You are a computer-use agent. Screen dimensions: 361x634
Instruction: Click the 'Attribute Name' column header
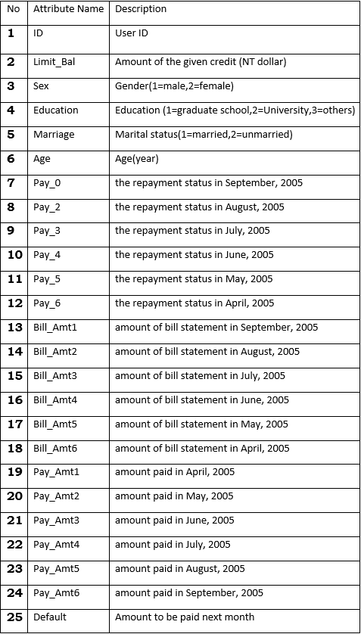(68, 9)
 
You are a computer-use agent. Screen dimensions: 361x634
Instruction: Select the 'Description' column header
(141, 9)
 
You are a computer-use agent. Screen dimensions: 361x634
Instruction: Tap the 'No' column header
(13, 9)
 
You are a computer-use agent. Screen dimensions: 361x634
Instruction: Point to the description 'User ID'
(132, 33)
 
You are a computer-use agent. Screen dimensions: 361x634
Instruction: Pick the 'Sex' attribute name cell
(41, 86)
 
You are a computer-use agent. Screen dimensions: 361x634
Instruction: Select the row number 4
(11, 110)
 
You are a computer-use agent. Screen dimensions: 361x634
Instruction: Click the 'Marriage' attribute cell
(54, 135)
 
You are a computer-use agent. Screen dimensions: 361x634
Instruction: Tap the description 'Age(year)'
(137, 159)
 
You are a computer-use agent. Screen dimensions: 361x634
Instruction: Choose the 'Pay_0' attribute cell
(46, 183)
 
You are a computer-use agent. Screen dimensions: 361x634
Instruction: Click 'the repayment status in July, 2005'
(192, 231)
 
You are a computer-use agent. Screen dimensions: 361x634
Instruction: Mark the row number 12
(15, 303)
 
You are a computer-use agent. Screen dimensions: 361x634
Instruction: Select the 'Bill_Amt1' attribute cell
(55, 328)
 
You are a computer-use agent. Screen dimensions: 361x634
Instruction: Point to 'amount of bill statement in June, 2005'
(202, 399)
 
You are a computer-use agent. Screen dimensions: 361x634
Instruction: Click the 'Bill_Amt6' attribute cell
(55, 448)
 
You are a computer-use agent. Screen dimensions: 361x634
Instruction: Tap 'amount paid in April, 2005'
(175, 471)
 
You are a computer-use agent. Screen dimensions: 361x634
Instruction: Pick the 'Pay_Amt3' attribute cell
(56, 521)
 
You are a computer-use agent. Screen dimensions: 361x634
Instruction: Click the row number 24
(15, 592)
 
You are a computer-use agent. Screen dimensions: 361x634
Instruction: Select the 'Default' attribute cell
(50, 617)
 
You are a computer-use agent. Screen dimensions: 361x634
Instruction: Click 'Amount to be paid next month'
(185, 617)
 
